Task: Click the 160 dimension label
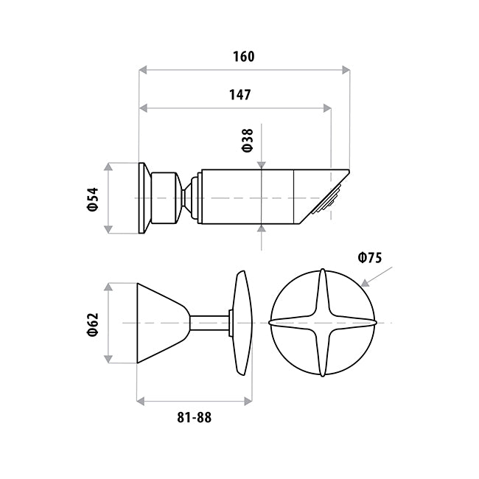click(243, 57)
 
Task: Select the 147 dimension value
click(240, 95)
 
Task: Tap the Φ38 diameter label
click(248, 140)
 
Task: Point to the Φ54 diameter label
click(93, 199)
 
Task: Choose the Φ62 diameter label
click(93, 324)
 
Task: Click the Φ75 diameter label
click(370, 258)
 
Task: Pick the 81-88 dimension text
click(195, 417)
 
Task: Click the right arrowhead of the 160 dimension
click(346, 70)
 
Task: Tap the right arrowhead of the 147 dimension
click(327, 108)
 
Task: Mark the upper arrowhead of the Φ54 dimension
click(108, 167)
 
